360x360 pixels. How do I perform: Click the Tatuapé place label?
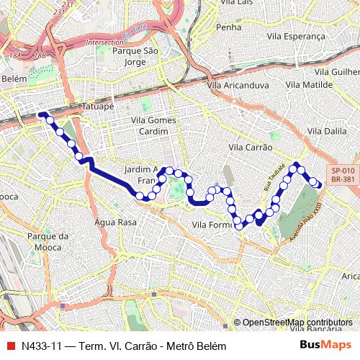click(x=98, y=106)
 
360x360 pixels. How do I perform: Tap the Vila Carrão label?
click(x=250, y=147)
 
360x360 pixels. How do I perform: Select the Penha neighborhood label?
click(x=228, y=27)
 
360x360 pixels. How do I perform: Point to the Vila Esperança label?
click(x=296, y=35)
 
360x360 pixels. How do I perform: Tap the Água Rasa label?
click(x=115, y=222)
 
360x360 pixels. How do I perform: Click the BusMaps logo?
click(x=326, y=346)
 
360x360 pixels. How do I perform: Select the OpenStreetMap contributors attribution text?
click(x=297, y=323)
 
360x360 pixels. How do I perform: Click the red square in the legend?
click(x=9, y=346)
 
